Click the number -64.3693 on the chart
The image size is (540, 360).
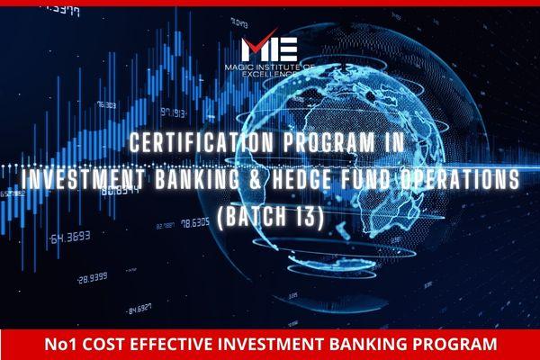[72, 238]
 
